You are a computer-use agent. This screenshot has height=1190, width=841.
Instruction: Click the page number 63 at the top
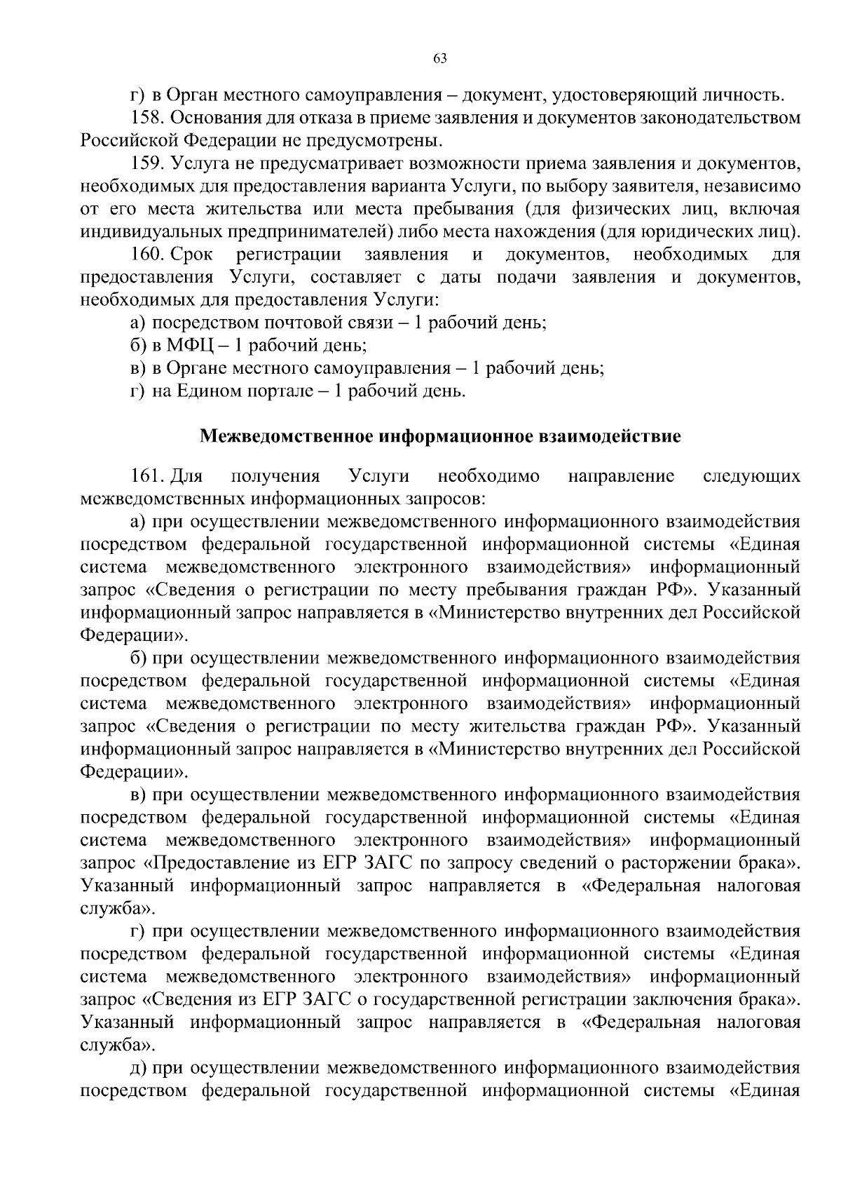point(440,59)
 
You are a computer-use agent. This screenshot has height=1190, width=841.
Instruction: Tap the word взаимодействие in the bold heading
point(609,436)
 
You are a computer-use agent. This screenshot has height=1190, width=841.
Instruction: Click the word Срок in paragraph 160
point(191,255)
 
